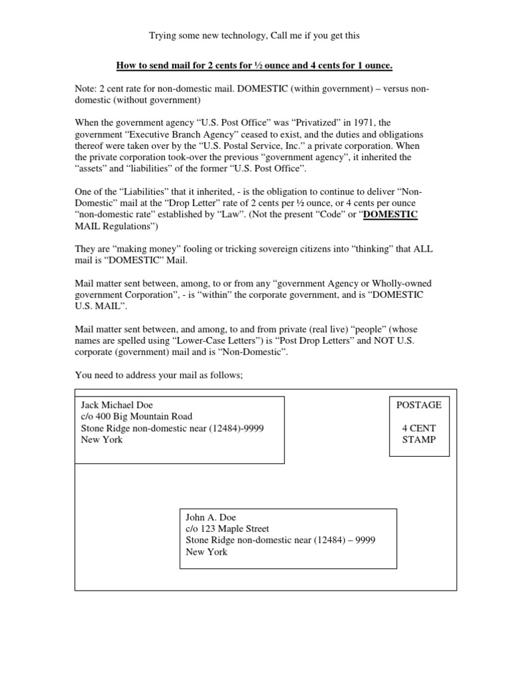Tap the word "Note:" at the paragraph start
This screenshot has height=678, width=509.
[x=87, y=89]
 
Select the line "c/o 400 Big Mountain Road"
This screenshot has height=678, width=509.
[x=137, y=416]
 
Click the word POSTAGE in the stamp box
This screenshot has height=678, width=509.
[x=418, y=405]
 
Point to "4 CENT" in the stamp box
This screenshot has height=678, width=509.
[x=418, y=428]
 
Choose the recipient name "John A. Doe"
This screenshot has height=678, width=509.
[x=211, y=516]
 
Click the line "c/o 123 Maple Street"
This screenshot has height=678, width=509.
[x=227, y=528]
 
